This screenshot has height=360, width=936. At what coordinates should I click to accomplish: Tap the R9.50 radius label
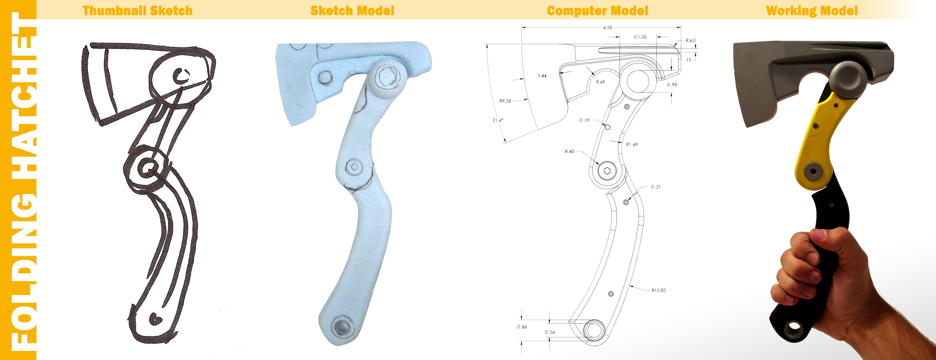[x=505, y=101]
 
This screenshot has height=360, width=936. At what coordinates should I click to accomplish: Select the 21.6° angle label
[x=498, y=120]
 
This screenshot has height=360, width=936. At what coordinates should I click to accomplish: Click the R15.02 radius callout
[x=658, y=290]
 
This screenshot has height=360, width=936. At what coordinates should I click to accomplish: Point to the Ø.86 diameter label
[x=522, y=327]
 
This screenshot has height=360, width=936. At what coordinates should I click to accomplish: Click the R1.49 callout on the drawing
[x=632, y=145]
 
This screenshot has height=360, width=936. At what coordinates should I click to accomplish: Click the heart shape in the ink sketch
[x=155, y=319]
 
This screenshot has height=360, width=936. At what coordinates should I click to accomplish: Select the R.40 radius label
[x=569, y=151]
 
